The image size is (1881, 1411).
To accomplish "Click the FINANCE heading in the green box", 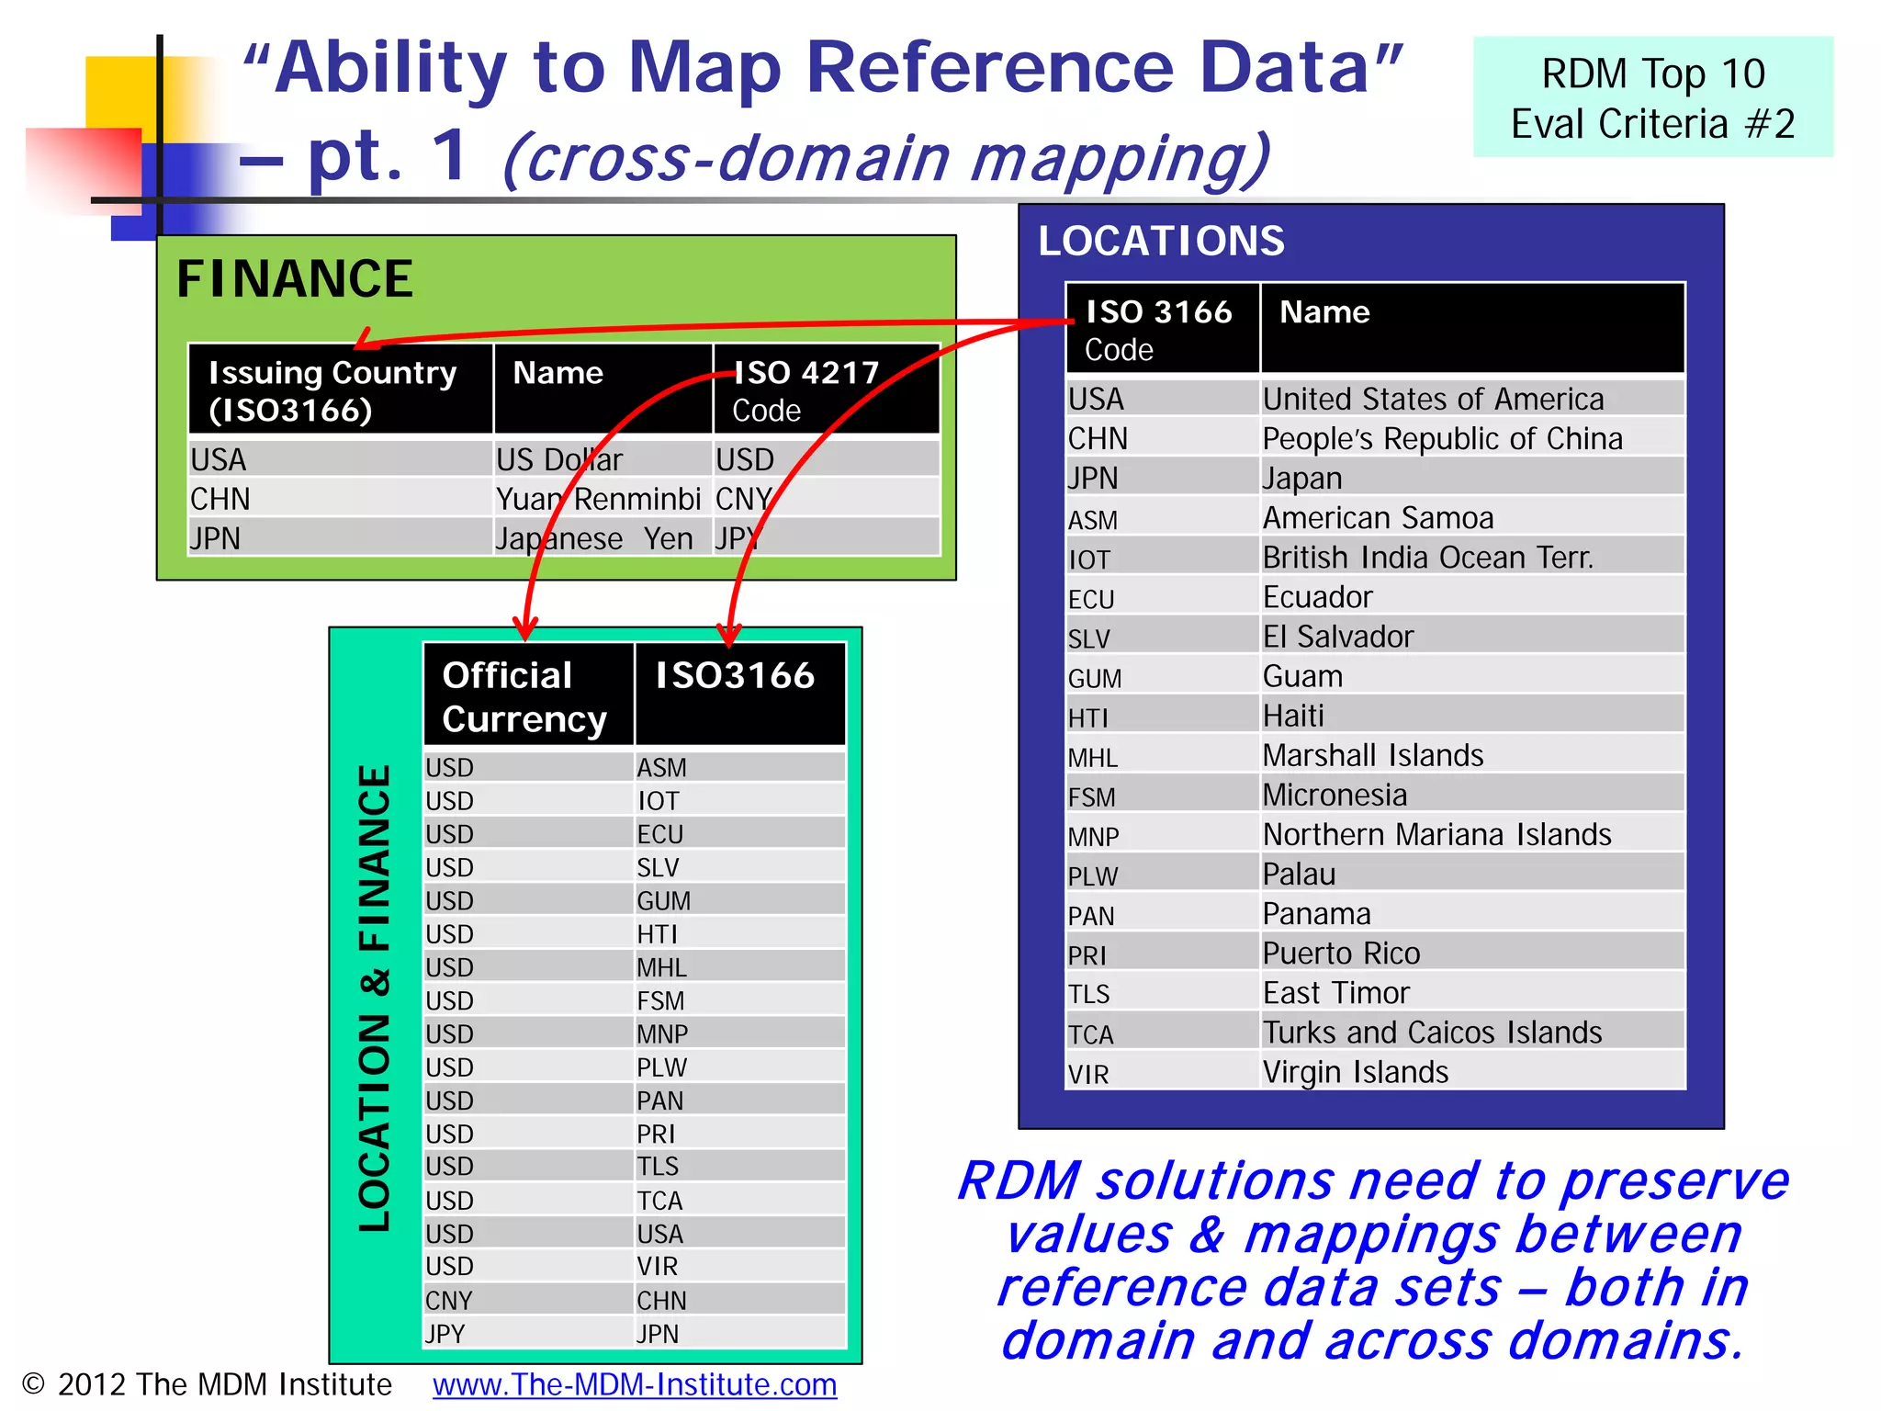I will [x=295, y=279].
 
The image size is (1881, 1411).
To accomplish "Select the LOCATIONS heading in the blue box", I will [x=1161, y=242].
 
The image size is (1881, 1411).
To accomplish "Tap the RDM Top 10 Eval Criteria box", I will [x=1652, y=97].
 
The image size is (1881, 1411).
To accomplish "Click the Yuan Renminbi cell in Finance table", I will [x=598, y=499].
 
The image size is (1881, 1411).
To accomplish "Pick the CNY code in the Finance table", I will [x=742, y=499].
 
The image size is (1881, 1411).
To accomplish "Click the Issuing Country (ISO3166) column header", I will [x=332, y=390].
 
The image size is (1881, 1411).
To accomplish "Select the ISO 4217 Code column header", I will [x=806, y=390].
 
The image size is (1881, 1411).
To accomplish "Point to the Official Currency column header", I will [x=524, y=696].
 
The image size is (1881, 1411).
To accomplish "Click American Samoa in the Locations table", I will [x=1378, y=518].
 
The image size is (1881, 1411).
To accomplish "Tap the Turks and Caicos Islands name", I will [x=1432, y=1033].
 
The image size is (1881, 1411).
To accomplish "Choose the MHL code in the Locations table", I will [x=1092, y=758].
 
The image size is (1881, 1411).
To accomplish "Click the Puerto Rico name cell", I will [x=1341, y=954].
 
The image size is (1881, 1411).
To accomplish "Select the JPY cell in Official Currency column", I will [x=445, y=1333].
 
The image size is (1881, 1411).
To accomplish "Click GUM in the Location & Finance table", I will [x=664, y=900].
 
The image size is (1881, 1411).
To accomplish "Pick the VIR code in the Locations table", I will [x=1088, y=1074].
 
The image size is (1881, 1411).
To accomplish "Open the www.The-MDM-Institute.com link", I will [x=635, y=1384].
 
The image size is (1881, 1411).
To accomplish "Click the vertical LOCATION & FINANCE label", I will [x=375, y=997].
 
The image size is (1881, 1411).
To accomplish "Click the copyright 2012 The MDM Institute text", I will [x=208, y=1384].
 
